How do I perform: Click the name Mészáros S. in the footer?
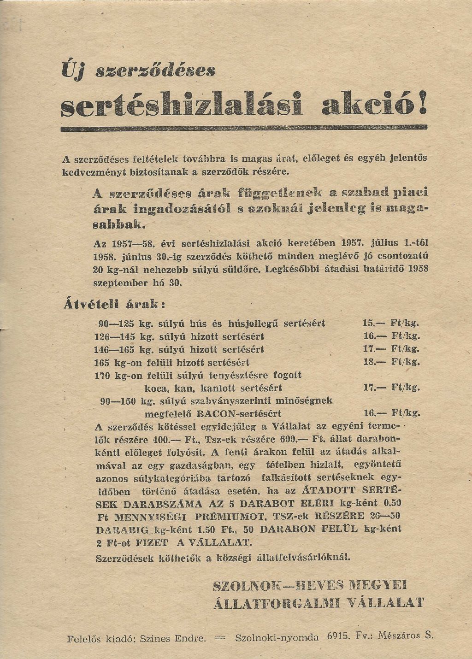coord(406,635)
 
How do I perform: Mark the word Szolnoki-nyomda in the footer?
coord(277,638)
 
